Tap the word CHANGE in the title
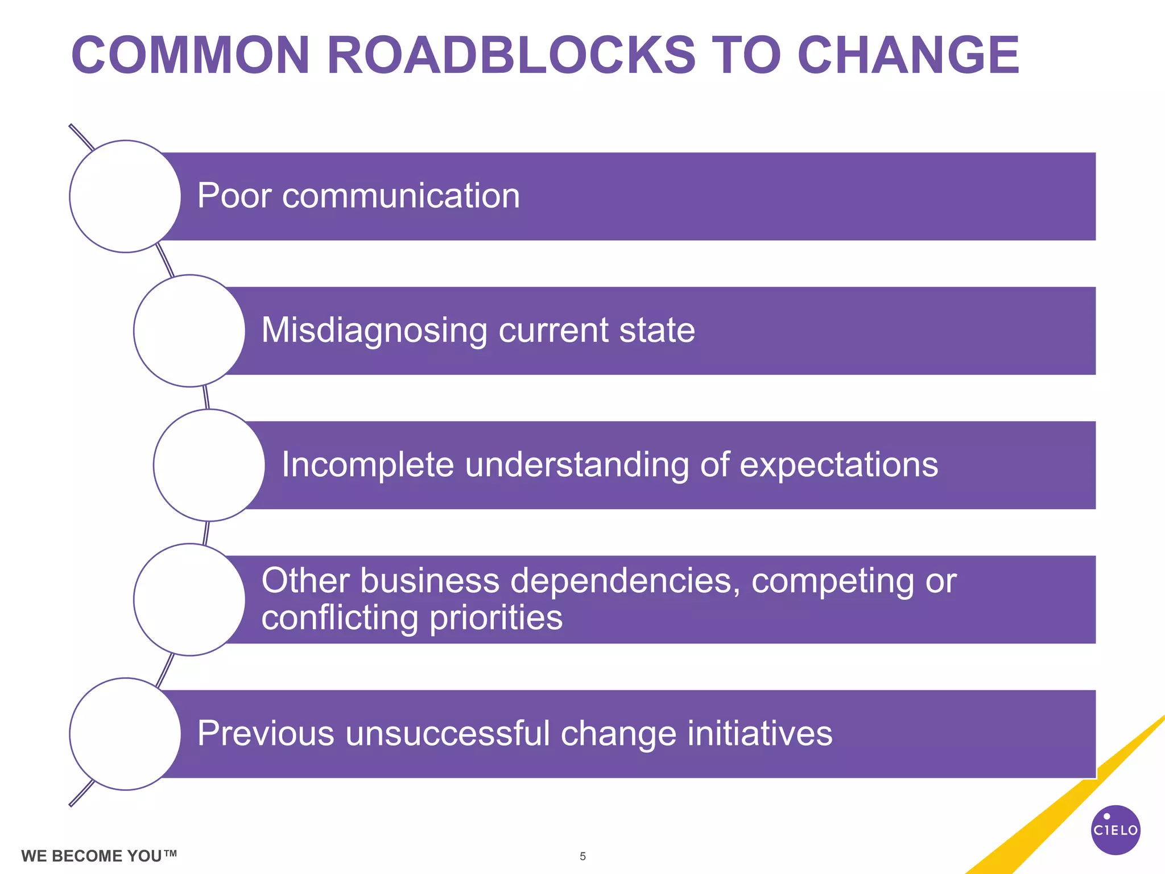[x=908, y=56]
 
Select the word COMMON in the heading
[x=190, y=56]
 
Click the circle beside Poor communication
[x=125, y=196]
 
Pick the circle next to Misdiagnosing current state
[x=189, y=331]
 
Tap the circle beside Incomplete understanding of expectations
[x=209, y=465]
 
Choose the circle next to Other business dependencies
[x=189, y=600]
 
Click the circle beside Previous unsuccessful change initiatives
[x=125, y=734]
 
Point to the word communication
[x=401, y=196]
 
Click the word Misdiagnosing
[x=374, y=331]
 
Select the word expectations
[x=838, y=464]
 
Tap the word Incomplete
[x=368, y=464]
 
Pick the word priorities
[x=496, y=617]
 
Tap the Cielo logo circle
[x=1116, y=830]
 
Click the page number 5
[x=582, y=856]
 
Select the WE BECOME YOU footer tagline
[x=99, y=856]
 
